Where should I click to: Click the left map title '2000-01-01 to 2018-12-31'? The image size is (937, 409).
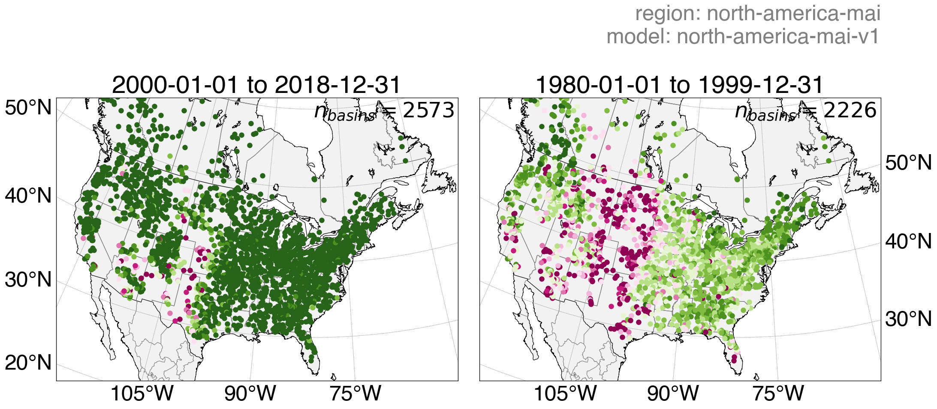coord(256,85)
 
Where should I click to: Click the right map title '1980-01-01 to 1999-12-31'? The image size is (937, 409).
coord(679,85)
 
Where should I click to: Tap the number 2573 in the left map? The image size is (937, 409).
coord(428,110)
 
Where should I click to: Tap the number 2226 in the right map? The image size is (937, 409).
coord(850,110)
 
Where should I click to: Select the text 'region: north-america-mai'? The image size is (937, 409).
coord(757,14)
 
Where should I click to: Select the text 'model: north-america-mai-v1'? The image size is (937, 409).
coord(743,36)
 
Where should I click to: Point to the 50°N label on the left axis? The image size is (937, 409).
coord(28,107)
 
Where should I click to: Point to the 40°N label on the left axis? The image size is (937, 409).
coord(28,196)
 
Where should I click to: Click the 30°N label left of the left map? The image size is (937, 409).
coord(28,280)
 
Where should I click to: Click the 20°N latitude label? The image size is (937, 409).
coord(28,363)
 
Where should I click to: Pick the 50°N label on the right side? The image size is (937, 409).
coord(908,163)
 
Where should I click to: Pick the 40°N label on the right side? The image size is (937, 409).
coord(908,242)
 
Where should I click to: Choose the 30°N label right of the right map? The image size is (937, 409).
coord(908,319)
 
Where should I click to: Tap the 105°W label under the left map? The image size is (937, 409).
coord(142,394)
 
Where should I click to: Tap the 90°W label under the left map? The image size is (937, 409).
coord(250,394)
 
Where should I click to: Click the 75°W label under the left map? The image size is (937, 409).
coord(355,394)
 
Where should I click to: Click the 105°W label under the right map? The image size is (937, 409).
coord(565,394)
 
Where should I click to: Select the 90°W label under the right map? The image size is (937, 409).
coord(673,394)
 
